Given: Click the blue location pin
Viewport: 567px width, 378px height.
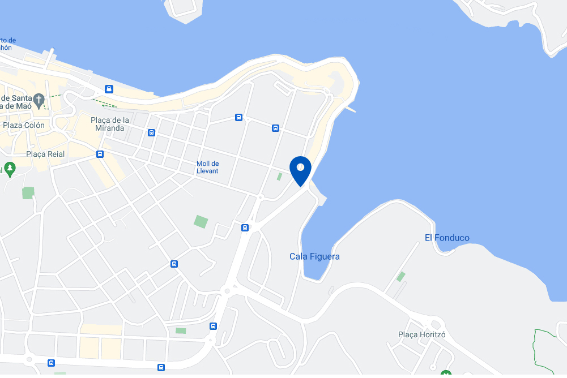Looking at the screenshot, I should tap(300, 169).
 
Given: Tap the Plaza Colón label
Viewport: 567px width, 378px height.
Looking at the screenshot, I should tap(24, 125).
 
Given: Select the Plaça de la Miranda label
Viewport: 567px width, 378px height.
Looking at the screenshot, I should tap(110, 124).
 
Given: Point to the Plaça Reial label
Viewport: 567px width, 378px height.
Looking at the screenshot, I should tap(45, 154).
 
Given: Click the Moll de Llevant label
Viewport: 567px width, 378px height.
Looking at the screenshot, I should tap(207, 167).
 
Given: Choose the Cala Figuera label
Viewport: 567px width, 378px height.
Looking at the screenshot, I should tap(314, 256).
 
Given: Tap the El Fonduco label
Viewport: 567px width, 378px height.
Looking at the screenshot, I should tap(447, 238).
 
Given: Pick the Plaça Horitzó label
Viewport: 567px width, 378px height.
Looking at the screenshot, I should tap(421, 334).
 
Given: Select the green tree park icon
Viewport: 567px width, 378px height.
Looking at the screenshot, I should tap(9, 168).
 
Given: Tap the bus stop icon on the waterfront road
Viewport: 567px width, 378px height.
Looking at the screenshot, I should tap(109, 89).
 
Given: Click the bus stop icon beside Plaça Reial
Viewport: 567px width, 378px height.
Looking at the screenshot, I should tap(100, 154).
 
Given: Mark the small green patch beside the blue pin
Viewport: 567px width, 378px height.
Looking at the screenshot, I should tap(279, 177).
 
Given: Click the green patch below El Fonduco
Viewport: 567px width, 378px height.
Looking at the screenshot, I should tap(401, 276).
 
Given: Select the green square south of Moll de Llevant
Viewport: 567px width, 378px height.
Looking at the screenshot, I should tap(201, 221).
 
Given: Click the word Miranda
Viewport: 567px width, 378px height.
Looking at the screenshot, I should tap(110, 128).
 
